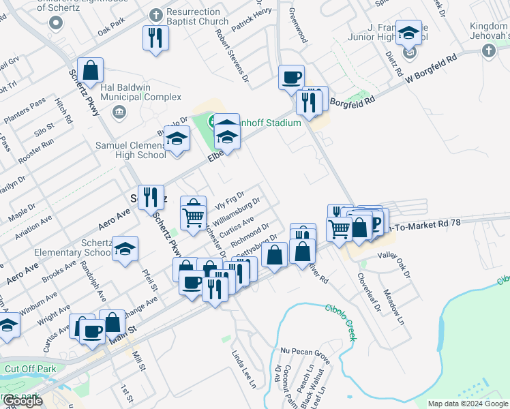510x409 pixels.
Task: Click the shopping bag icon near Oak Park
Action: pyautogui.click(x=90, y=70)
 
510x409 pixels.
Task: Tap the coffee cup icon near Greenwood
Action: pyautogui.click(x=291, y=76)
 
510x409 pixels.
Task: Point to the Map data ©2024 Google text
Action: pyautogui.click(x=468, y=404)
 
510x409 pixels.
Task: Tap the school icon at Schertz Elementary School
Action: pyautogui.click(x=125, y=249)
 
